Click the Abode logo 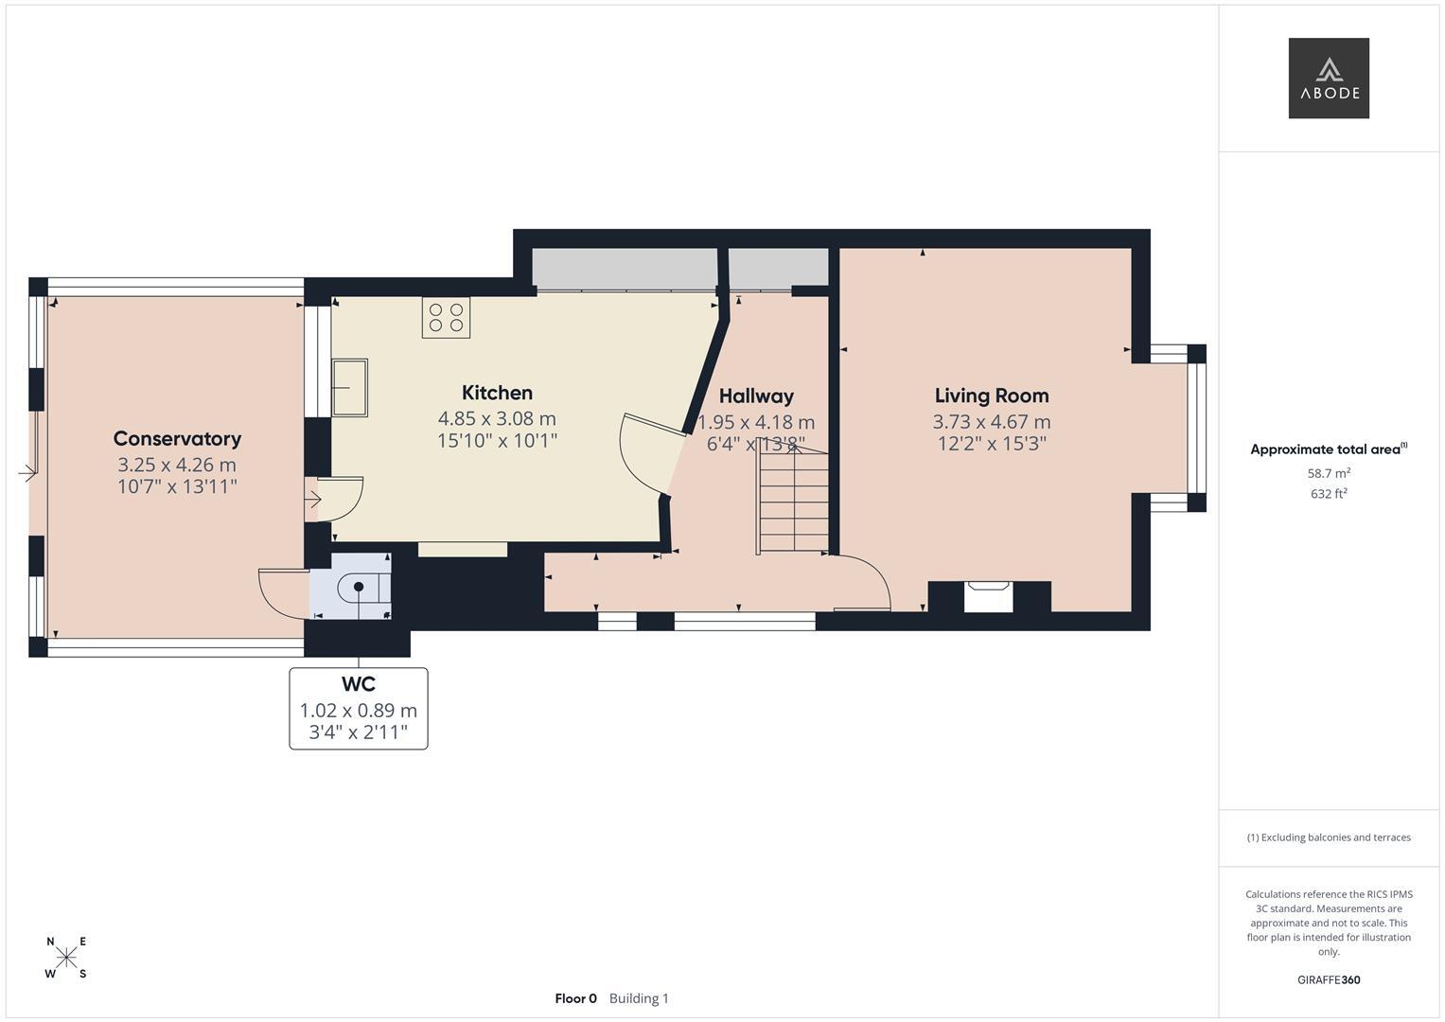tap(1329, 78)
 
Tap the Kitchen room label tap(497, 393)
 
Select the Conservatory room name tap(177, 439)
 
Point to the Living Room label tap(992, 396)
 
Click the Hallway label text tap(756, 396)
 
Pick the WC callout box tap(359, 709)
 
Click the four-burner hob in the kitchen tap(446, 317)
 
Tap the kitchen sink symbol tap(349, 387)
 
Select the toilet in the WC tap(363, 587)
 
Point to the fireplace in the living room tap(988, 596)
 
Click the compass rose tap(66, 957)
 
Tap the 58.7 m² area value tap(1329, 473)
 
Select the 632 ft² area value tap(1329, 494)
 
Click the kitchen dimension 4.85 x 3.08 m tap(497, 418)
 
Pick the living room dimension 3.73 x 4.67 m tap(992, 422)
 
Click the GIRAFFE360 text tap(1329, 980)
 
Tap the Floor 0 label tap(576, 998)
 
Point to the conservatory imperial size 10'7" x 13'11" tap(177, 486)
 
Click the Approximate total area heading tap(1329, 449)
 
